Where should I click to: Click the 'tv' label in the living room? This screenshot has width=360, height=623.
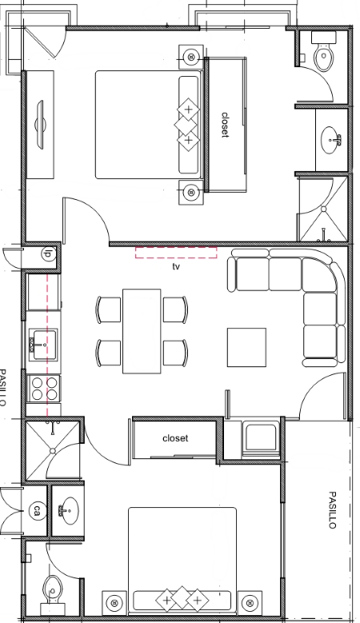click(176, 266)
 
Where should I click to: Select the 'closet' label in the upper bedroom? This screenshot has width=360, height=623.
click(226, 125)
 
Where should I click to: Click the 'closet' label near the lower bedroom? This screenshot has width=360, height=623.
click(175, 438)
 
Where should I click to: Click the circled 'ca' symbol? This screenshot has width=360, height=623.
click(37, 509)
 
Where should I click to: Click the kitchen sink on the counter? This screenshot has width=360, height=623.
click(42, 345)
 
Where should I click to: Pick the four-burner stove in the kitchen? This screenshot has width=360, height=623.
click(44, 389)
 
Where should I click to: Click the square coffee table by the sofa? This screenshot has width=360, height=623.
click(246, 347)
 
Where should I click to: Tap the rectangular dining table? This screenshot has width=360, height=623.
click(142, 331)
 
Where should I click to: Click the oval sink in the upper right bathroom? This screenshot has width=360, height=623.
click(330, 140)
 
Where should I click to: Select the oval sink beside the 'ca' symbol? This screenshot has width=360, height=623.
click(68, 510)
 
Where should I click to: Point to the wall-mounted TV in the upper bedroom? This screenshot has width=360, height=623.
click(40, 125)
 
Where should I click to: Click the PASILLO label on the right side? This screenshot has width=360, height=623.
click(332, 510)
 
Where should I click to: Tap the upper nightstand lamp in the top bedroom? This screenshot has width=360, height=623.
click(191, 58)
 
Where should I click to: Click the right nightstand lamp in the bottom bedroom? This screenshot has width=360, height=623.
click(250, 603)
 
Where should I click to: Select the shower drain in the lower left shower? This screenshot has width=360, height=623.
click(52, 450)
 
